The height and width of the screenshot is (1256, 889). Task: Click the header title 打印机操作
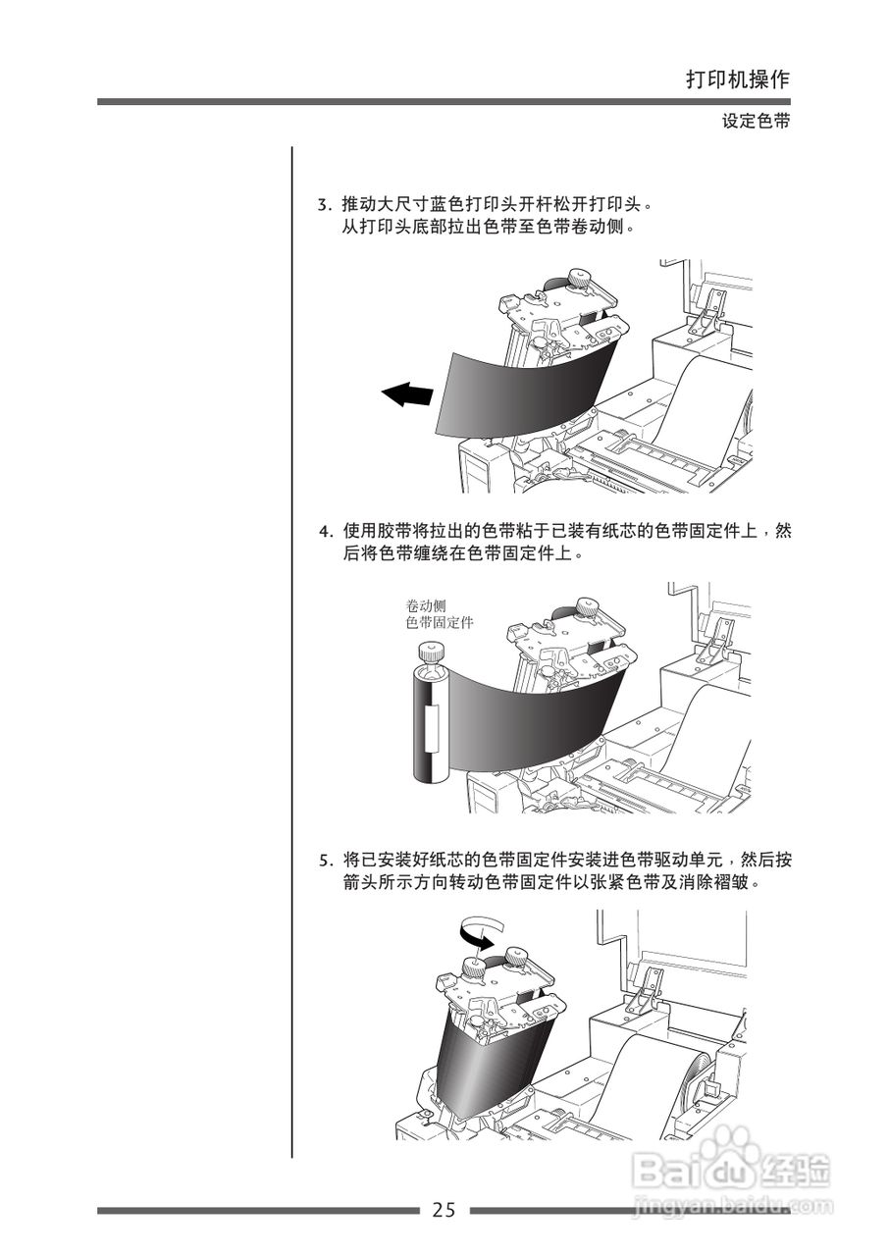coord(737,80)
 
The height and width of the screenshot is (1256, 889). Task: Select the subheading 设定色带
coord(756,122)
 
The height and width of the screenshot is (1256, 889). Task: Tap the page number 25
coord(444,1210)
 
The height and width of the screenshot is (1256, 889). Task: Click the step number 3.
coord(322,206)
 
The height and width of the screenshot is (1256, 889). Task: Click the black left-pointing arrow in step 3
coord(406,394)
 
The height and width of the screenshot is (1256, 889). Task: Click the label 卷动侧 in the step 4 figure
coord(425,605)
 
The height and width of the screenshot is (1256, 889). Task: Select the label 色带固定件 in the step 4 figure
coord(439,622)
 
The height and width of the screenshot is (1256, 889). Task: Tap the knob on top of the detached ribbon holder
coord(428,651)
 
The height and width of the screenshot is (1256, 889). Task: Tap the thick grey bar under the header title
coord(444,101)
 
